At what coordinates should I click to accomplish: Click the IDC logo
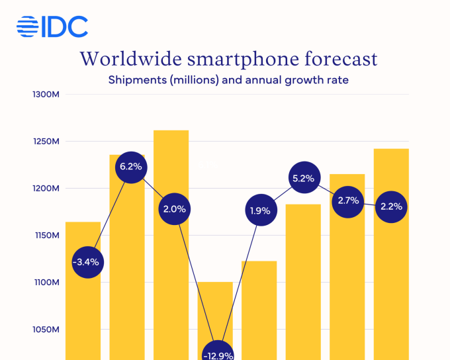pos(52,27)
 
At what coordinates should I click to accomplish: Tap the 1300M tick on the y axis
pos(46,95)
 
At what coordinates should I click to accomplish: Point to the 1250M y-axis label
pos(46,142)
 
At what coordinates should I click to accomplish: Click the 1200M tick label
pos(46,189)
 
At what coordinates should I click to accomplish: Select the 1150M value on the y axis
pos(46,236)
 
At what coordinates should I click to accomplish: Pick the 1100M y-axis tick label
pos(46,283)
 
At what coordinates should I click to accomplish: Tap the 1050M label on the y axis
pos(46,330)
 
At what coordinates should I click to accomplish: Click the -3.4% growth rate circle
pos(86,261)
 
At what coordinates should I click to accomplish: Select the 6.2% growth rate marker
pos(130,167)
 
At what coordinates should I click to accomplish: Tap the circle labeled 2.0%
pos(174,209)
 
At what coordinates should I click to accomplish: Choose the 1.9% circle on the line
pos(260,211)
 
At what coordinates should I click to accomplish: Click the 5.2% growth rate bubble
pos(304,177)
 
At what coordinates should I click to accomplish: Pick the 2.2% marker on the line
pos(391,206)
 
